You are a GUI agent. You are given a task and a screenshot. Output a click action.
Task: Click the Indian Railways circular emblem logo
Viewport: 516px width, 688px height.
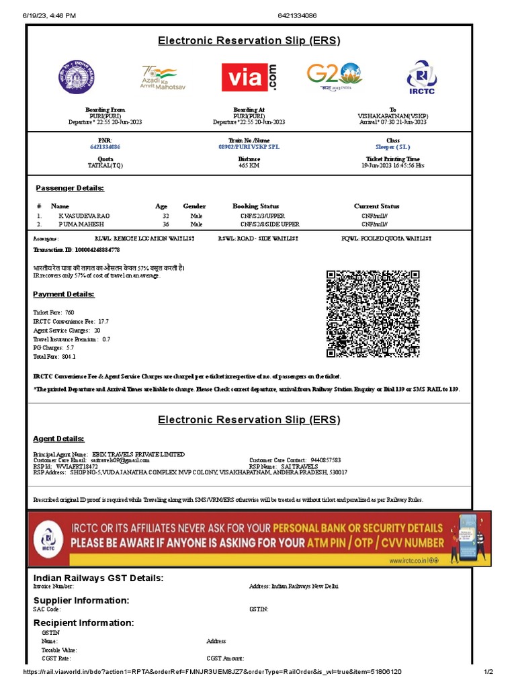point(77,77)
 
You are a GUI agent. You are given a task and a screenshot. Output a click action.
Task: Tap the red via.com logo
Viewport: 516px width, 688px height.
point(249,77)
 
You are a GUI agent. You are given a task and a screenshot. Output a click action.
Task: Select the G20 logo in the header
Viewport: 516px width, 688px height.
point(334,77)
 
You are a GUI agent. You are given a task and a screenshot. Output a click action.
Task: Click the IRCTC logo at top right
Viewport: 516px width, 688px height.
point(421,77)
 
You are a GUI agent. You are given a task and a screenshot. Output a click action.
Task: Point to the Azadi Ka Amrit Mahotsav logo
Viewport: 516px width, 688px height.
point(163,77)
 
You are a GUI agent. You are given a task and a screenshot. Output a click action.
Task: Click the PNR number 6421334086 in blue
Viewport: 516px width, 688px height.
point(105,146)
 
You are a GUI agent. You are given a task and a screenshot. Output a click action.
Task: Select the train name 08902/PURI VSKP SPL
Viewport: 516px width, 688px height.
point(249,146)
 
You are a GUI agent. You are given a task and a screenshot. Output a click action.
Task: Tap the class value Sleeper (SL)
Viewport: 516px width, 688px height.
point(393,146)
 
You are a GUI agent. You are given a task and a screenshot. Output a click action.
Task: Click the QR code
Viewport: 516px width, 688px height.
point(373,314)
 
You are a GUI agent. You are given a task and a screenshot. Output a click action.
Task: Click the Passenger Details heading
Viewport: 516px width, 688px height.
point(69,188)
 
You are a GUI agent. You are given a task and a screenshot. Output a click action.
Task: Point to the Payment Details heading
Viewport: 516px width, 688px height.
point(64,294)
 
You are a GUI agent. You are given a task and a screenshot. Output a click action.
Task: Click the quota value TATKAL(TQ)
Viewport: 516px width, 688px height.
point(105,165)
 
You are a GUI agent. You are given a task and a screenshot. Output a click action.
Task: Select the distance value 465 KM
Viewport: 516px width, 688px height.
point(249,165)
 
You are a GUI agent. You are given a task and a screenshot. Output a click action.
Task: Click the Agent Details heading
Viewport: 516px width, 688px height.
point(59,439)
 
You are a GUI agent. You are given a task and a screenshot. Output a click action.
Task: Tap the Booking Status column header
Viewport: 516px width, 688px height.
point(255,206)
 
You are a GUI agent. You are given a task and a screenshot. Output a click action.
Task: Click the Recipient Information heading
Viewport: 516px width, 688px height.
point(83,623)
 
